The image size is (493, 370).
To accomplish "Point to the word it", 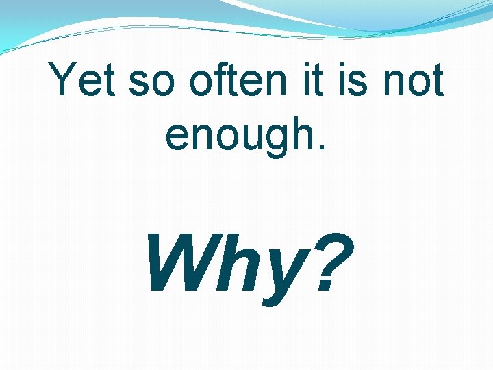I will [x=312, y=82].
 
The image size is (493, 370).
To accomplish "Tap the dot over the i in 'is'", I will [x=340, y=65].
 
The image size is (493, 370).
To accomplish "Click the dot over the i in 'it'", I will [x=305, y=65].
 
